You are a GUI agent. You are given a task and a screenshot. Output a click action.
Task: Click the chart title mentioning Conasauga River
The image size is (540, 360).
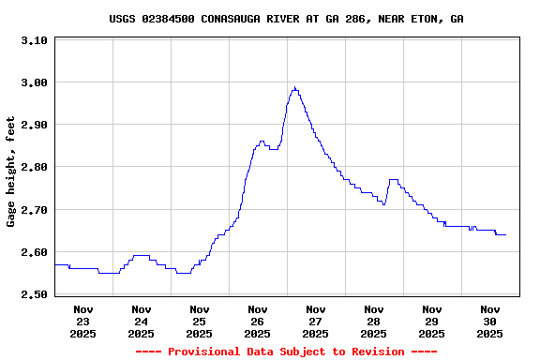(286, 19)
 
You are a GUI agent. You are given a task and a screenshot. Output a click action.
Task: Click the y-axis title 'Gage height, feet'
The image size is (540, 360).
(11, 172)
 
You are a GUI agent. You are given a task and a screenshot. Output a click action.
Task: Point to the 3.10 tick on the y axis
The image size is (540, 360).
(34, 40)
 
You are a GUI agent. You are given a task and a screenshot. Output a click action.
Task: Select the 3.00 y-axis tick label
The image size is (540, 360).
(34, 82)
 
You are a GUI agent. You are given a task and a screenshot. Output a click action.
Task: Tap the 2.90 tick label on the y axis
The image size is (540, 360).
(34, 125)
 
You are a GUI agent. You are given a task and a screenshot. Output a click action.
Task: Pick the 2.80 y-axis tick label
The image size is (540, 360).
(34, 167)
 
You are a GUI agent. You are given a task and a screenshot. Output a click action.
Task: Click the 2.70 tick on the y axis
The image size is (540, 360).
(34, 210)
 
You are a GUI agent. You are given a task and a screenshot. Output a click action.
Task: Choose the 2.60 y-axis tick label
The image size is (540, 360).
(34, 252)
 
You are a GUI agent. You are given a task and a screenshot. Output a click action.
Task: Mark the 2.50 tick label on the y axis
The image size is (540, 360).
(34, 294)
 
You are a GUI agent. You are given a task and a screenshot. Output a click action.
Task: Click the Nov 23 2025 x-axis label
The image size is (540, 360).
(83, 321)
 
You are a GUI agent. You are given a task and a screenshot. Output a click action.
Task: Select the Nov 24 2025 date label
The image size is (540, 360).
(142, 321)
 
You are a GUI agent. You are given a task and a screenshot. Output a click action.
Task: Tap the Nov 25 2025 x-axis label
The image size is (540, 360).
(200, 321)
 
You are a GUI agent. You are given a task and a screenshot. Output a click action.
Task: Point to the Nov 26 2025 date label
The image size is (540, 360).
(258, 321)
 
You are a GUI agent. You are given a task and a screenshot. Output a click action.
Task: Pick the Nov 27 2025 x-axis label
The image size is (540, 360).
(316, 321)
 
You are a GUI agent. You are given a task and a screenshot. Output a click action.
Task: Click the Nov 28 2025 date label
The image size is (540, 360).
(374, 321)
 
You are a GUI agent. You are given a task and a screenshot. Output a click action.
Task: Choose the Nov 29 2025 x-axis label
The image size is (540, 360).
(432, 321)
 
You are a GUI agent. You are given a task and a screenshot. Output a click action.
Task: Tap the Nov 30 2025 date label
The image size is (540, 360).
(490, 321)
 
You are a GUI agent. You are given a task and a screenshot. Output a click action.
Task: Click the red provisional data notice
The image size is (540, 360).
(286, 352)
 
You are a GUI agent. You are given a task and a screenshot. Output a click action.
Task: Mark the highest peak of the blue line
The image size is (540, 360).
(294, 87)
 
